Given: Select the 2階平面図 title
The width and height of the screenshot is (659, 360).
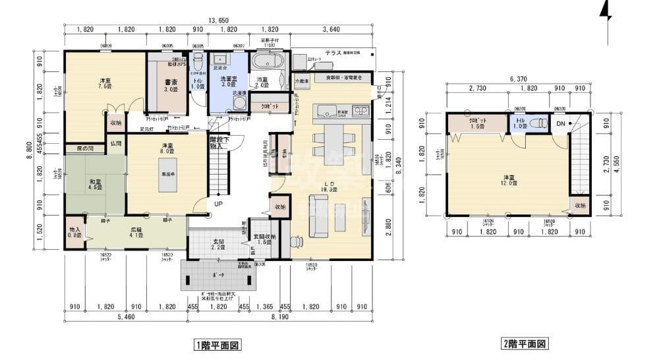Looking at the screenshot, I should [x=525, y=344].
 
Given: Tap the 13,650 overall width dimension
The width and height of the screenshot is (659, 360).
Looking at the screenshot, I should [x=218, y=20].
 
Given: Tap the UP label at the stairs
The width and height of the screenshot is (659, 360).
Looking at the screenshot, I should [x=217, y=204].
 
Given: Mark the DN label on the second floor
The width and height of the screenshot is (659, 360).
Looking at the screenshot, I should [x=561, y=123].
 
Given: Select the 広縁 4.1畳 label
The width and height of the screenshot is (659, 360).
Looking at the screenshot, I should [x=137, y=233].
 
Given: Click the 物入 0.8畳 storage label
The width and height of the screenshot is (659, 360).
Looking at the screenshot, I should [x=74, y=233].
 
